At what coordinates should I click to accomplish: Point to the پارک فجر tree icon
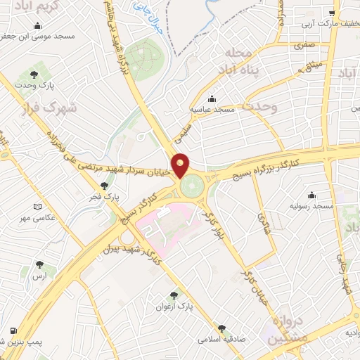pos(104,186)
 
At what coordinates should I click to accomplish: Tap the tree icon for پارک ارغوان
pos(174,296)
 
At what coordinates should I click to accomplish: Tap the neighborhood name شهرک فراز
pos(28,110)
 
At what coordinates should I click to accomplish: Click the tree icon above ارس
pos(38,265)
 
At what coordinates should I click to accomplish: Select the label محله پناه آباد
pos(238,60)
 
